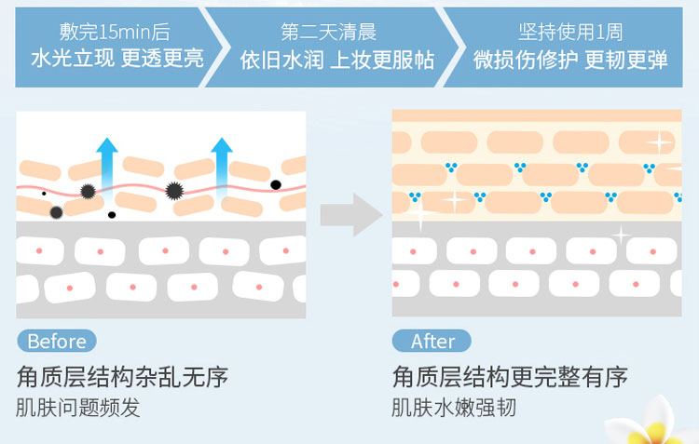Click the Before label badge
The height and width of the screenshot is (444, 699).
(x=57, y=341)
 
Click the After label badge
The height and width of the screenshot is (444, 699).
(x=432, y=341)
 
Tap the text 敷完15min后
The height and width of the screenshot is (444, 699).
(x=115, y=33)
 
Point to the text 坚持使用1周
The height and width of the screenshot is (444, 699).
(x=569, y=33)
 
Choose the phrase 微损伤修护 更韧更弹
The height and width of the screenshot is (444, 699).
(x=569, y=60)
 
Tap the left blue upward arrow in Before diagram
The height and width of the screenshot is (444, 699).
(x=107, y=168)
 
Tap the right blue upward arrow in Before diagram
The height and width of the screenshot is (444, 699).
(x=221, y=168)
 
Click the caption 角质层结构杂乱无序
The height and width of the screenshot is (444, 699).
(x=122, y=377)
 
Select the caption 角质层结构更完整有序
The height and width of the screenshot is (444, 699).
(x=510, y=377)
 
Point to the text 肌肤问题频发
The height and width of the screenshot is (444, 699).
(x=78, y=408)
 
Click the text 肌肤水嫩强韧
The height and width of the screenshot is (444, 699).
(x=454, y=408)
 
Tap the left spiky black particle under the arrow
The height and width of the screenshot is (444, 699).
(x=89, y=191)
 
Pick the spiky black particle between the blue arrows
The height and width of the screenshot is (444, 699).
(x=173, y=191)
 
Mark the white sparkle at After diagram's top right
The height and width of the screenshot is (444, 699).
(x=659, y=141)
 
